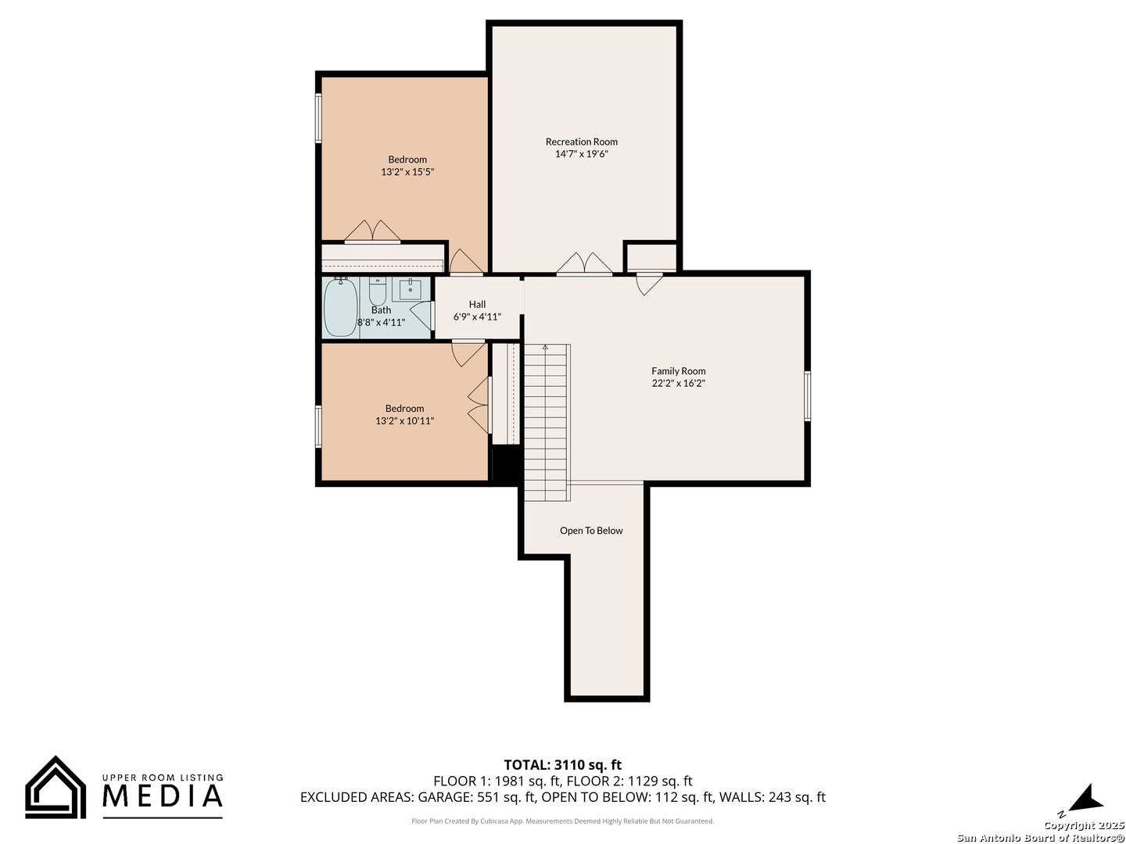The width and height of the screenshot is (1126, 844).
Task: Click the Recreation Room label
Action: coord(581,141)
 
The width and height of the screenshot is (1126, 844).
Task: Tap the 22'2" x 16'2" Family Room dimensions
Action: coord(678,383)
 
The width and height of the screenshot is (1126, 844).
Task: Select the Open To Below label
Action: coord(591,531)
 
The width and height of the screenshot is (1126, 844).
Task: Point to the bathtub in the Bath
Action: coord(340,307)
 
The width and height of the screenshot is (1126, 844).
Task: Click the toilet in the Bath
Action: coord(377,291)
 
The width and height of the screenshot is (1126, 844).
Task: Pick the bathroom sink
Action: coord(410,290)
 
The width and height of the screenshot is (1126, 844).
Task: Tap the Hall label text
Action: coord(477,305)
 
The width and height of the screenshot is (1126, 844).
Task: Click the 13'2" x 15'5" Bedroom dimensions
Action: coord(407,172)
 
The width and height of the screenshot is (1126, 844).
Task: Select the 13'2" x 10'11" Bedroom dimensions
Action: coord(404,420)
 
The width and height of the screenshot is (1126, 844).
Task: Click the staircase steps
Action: coord(547,422)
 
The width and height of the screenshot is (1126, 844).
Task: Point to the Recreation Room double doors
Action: coord(584,263)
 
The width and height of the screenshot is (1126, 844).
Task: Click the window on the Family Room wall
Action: coord(807,396)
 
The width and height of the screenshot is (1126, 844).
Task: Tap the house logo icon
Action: coord(56,787)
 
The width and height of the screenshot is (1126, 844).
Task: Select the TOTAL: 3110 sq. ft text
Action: coord(562,764)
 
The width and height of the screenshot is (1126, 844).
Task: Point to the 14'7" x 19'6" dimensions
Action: coord(581,154)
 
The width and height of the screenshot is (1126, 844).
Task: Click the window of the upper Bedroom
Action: coord(318,118)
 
